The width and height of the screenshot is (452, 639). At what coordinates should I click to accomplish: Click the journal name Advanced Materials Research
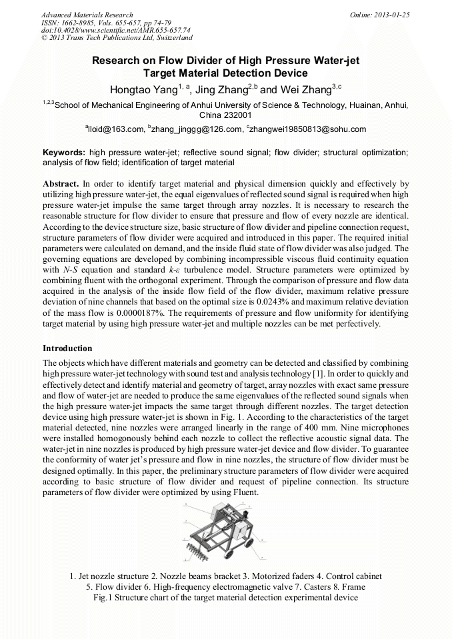tap(87, 14)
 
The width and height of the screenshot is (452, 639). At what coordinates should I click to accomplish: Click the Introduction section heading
tap(67, 348)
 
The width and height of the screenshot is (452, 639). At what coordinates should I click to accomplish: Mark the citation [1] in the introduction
tap(329, 372)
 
